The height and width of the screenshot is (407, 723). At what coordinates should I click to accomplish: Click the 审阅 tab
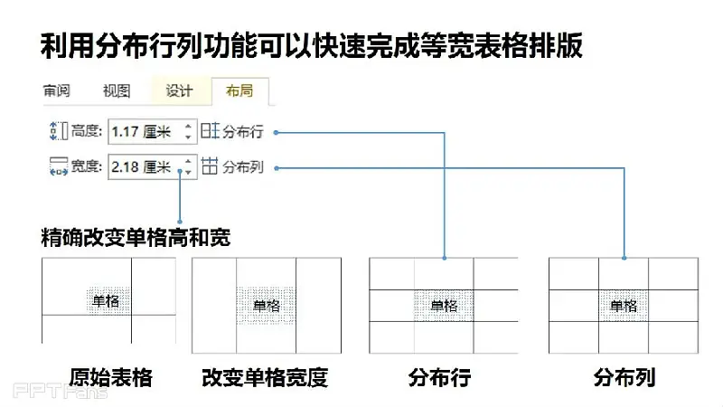tap(56, 90)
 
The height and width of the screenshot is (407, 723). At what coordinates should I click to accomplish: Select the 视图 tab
tap(117, 90)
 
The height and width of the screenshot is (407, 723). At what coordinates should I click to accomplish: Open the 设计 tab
tap(179, 90)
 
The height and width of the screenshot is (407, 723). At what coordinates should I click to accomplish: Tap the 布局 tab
tap(239, 90)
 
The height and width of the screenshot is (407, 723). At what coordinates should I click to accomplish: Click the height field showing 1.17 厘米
tap(153, 131)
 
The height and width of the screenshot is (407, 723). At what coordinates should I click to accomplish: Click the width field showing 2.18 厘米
tap(153, 166)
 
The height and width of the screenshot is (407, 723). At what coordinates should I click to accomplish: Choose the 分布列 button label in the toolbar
tap(243, 167)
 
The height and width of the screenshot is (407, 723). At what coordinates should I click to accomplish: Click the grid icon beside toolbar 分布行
tap(210, 131)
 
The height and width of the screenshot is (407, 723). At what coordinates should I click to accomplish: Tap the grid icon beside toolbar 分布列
tap(210, 166)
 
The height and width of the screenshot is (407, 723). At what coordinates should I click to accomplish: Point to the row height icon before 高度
tap(59, 131)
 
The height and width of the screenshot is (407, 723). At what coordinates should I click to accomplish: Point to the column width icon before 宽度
tap(59, 166)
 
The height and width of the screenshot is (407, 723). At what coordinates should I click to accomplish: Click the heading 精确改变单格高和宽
tap(136, 238)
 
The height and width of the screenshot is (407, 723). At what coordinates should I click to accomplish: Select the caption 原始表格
tap(110, 377)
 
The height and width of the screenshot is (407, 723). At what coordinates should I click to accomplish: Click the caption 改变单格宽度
tap(265, 377)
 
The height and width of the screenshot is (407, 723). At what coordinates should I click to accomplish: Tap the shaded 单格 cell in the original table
tap(108, 301)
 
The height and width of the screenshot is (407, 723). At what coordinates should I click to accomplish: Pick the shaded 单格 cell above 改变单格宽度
tap(266, 305)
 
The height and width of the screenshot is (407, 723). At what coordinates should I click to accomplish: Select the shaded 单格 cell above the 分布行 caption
tap(444, 306)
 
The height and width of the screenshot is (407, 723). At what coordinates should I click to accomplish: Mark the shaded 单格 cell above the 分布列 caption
tap(624, 306)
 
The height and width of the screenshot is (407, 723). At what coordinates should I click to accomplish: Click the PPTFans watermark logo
tap(61, 392)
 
